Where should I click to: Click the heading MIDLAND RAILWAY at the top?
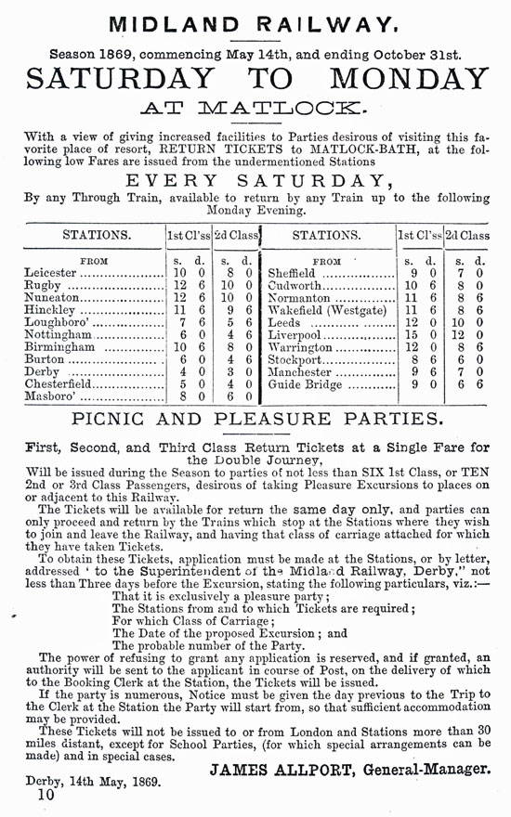(255, 22)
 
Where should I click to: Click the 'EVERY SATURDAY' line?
(255, 180)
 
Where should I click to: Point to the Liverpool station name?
(295, 333)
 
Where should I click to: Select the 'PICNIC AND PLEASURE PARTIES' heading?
(255, 419)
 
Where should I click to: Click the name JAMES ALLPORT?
(278, 768)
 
